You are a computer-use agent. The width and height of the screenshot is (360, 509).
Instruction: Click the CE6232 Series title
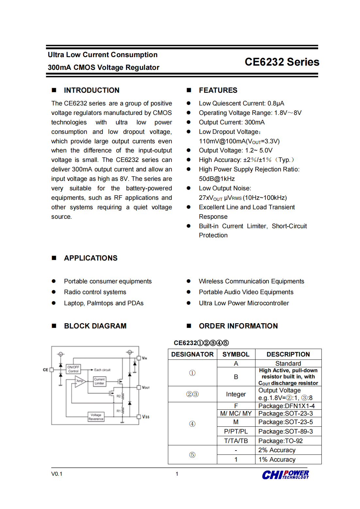282,62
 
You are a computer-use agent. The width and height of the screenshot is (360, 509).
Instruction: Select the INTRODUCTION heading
91,90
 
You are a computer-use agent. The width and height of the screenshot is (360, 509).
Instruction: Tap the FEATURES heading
218,90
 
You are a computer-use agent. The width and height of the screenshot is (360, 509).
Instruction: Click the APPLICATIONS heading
90,258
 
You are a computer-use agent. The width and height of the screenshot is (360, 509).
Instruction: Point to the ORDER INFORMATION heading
238,326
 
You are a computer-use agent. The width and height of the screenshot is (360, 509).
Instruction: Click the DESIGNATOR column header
192,355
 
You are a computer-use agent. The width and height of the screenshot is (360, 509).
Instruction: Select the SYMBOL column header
236,355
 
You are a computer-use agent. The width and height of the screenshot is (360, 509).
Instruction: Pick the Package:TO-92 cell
280,441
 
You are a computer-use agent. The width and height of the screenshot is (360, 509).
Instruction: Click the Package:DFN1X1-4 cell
286,406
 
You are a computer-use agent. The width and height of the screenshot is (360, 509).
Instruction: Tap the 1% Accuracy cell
277,460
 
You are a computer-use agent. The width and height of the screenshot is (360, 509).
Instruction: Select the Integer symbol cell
236,394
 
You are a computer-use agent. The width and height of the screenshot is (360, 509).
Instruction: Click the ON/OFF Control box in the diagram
73,369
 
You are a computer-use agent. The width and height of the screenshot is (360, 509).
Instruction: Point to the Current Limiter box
99,381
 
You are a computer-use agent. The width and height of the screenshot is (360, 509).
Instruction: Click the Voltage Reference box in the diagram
96,417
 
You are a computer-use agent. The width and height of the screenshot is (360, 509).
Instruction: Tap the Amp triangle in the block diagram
80,381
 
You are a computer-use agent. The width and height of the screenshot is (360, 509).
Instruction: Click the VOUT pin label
146,388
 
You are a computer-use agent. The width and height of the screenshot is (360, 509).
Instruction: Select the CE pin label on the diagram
45,370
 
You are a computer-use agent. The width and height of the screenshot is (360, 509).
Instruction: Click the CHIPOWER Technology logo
285,475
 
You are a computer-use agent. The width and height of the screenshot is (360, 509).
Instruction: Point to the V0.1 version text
57,474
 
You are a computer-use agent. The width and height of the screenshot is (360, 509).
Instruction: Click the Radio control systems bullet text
95,292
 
